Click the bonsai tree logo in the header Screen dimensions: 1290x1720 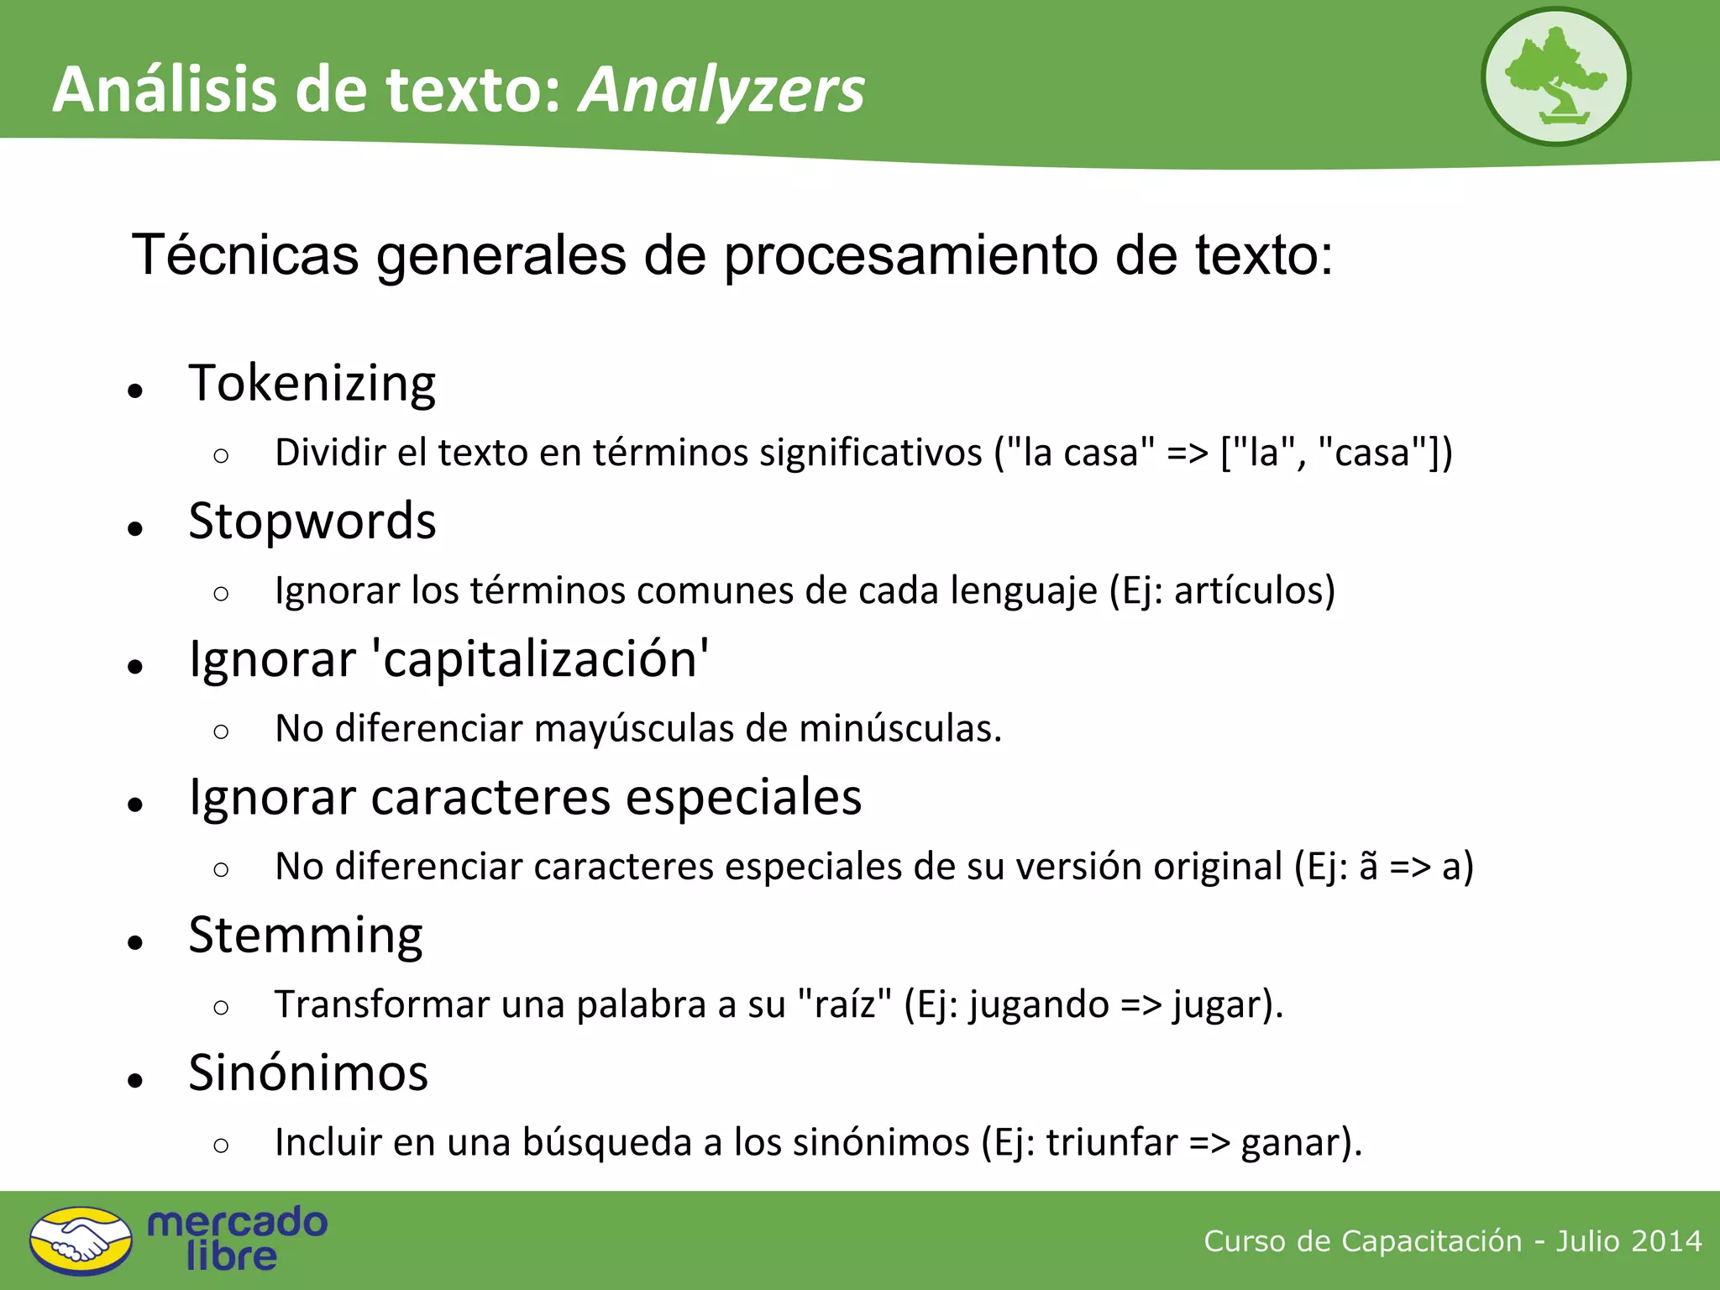coord(1555,76)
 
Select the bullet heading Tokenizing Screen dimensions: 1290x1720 coord(312,384)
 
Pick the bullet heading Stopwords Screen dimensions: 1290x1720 coord(312,522)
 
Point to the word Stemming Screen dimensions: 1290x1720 coord(306,936)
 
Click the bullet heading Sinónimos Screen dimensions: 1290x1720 coord(308,1073)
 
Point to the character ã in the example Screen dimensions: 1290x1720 coord(1368,867)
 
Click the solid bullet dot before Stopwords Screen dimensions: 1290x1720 coord(135,528)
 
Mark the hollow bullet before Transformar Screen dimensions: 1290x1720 coord(221,1007)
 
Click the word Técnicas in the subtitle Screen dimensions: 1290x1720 coord(245,254)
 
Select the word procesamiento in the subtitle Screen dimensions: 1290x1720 coord(910,254)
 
